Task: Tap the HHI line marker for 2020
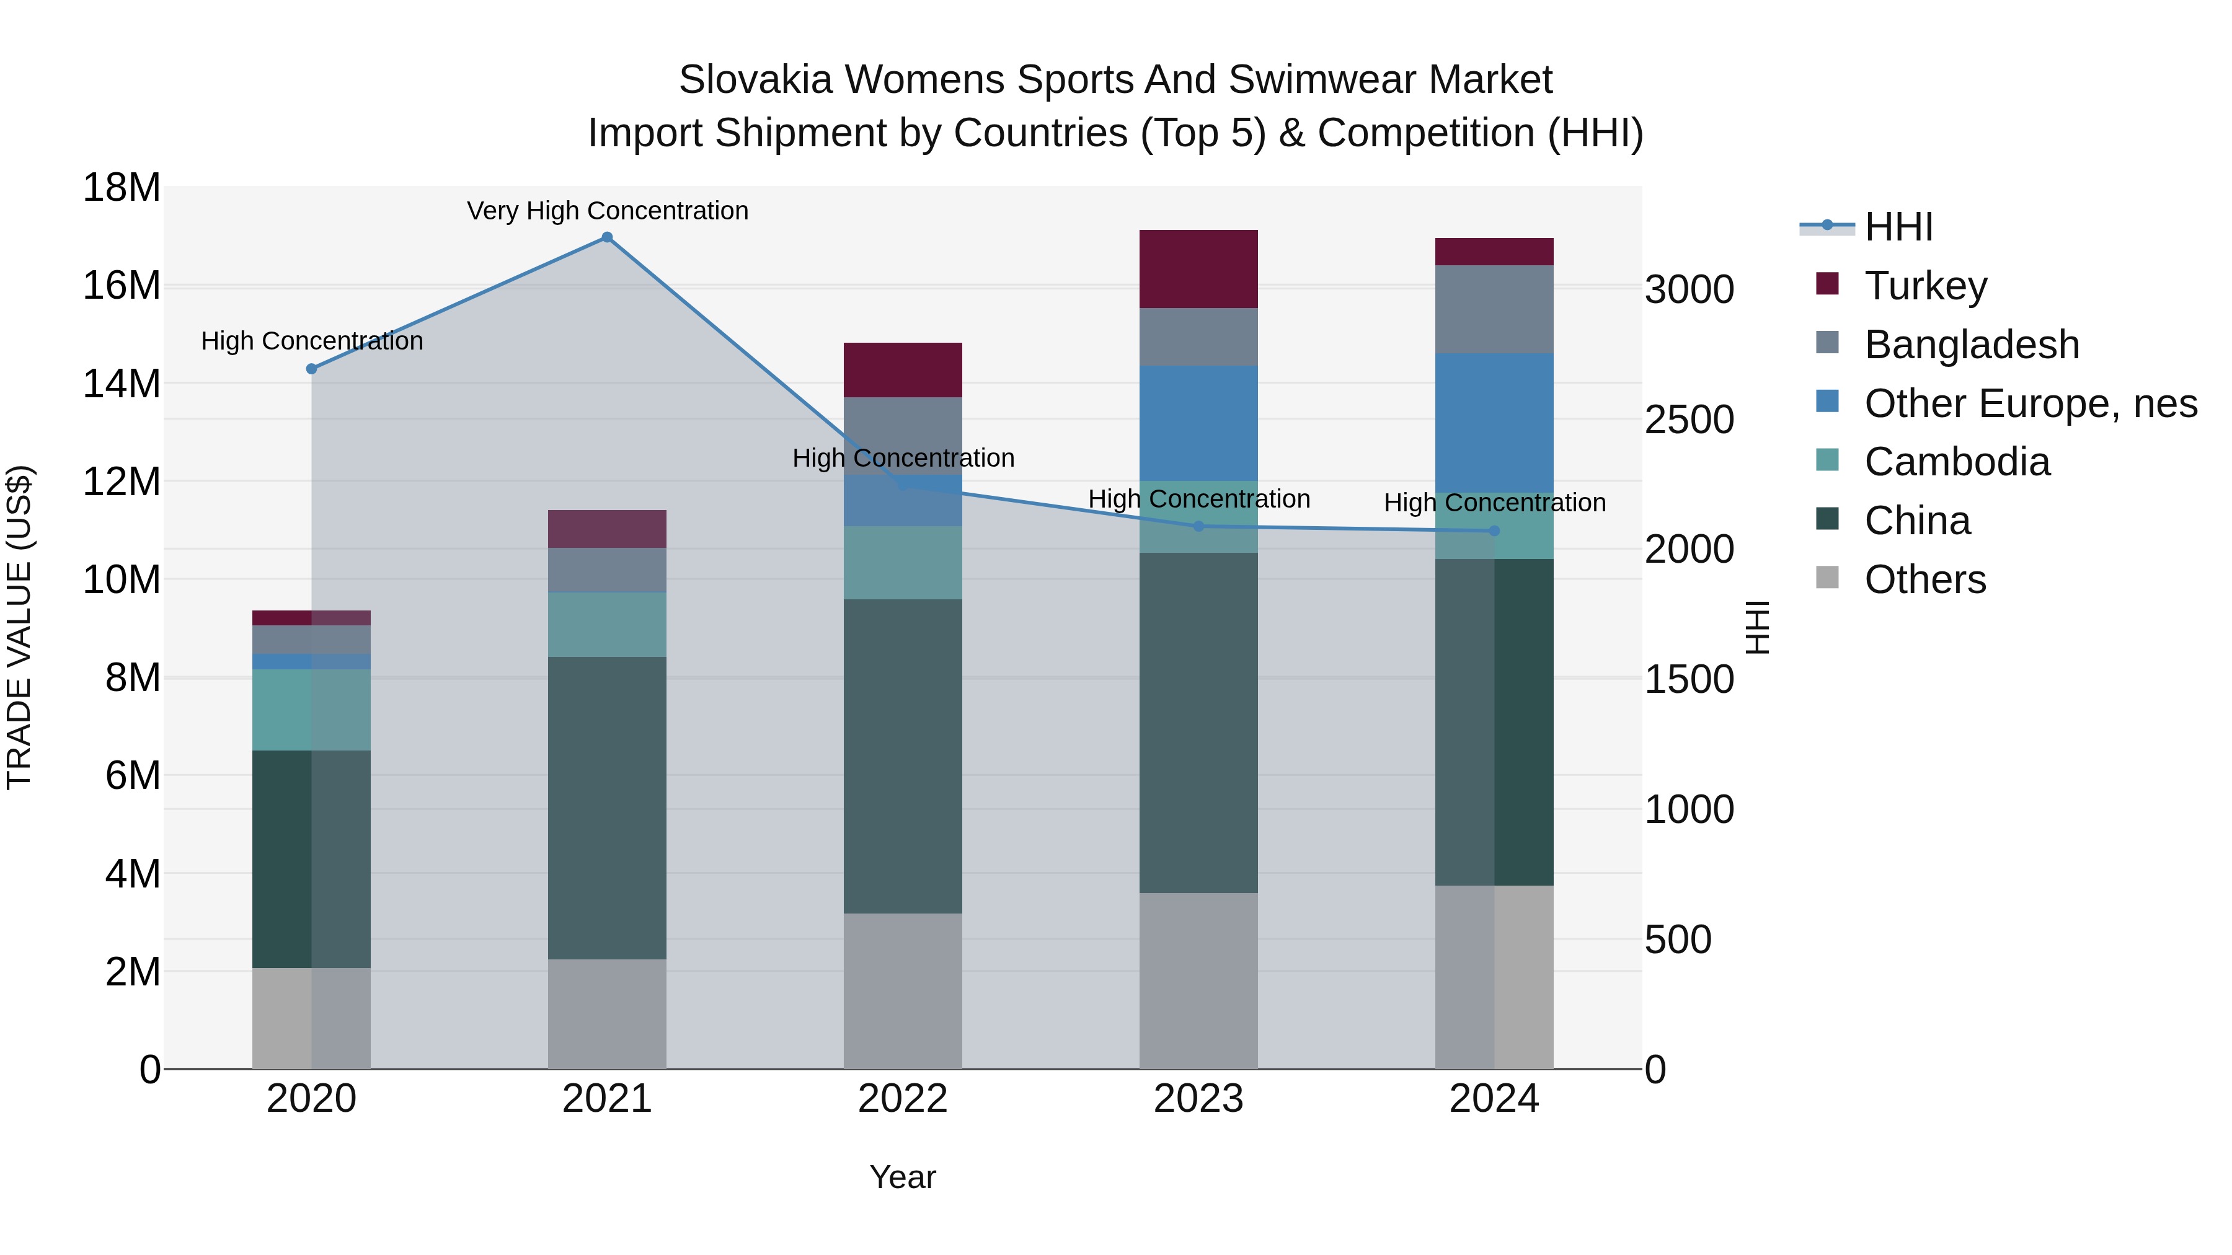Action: pyautogui.click(x=312, y=369)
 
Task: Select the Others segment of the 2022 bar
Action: pyautogui.click(x=903, y=991)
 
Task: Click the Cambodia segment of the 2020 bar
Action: pyautogui.click(x=311, y=710)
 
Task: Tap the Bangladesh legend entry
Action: pyautogui.click(x=1971, y=345)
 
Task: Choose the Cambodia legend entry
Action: pyautogui.click(x=1957, y=462)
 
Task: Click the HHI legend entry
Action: pyautogui.click(x=1898, y=227)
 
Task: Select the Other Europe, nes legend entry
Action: pyautogui.click(x=2030, y=403)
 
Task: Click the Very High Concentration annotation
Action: pyautogui.click(x=608, y=211)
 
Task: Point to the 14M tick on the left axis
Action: pyautogui.click(x=122, y=383)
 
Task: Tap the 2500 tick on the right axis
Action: pyautogui.click(x=1689, y=420)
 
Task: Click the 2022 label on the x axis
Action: pyautogui.click(x=903, y=1099)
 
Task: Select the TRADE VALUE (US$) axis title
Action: pyautogui.click(x=19, y=627)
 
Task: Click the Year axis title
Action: pyautogui.click(x=903, y=1177)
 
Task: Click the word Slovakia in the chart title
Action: pyautogui.click(x=756, y=80)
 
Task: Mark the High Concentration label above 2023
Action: pyautogui.click(x=1198, y=499)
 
